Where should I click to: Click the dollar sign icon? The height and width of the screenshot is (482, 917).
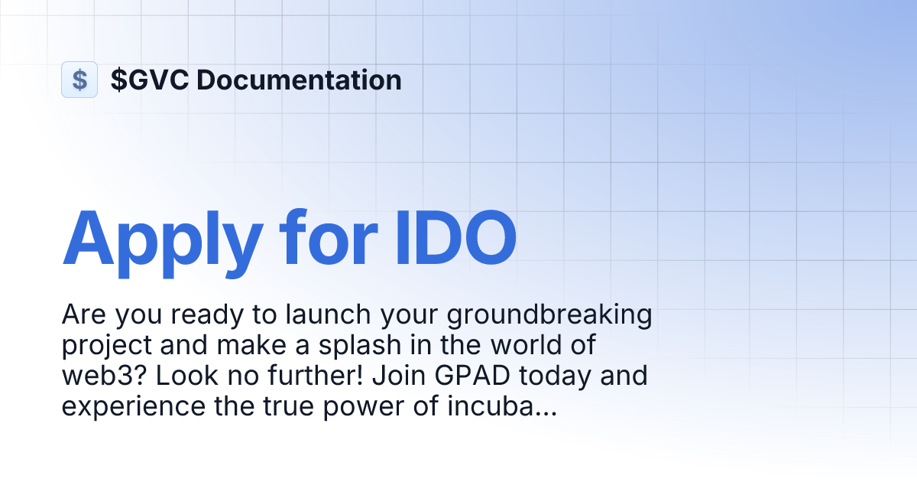pos(79,80)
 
